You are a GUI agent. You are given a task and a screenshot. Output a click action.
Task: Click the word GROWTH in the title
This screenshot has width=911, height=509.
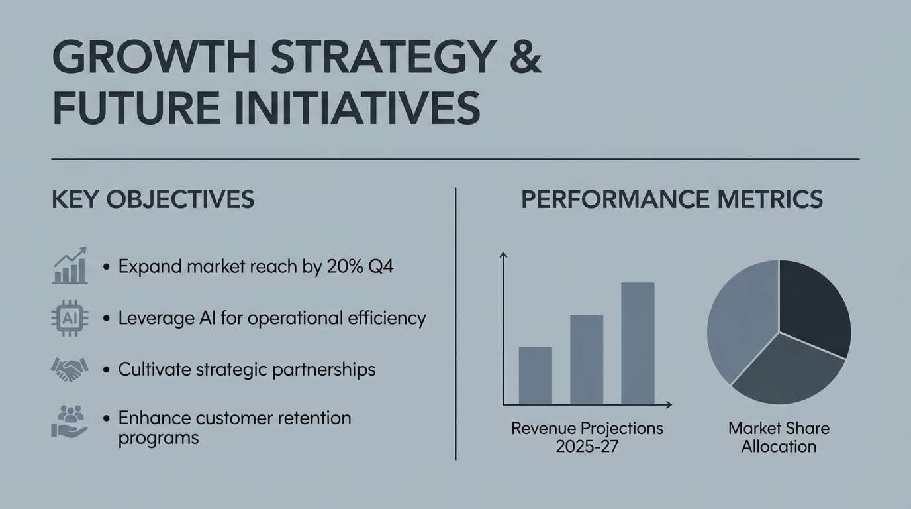pos(154,56)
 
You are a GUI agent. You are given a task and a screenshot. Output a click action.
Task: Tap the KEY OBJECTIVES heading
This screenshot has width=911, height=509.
pos(153,199)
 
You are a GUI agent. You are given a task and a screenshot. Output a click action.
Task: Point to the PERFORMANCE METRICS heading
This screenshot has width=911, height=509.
pos(672,199)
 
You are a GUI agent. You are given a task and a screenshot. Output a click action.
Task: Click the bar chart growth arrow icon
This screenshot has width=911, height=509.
pos(70,265)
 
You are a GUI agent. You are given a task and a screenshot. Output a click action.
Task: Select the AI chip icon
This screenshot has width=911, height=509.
pos(70,318)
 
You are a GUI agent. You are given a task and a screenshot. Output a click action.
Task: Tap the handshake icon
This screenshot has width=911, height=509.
pos(70,369)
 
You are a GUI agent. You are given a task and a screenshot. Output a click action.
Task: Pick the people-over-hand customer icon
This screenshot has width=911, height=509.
pos(70,421)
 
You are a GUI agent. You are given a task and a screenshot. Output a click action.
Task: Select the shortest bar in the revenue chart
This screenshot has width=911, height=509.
pos(535,375)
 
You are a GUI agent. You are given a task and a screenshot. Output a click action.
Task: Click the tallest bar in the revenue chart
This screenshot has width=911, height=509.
pos(638,343)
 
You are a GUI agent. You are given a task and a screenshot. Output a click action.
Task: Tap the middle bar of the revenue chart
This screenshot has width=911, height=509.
pos(587,360)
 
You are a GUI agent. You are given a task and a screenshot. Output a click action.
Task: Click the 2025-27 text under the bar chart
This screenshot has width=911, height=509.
pos(587,447)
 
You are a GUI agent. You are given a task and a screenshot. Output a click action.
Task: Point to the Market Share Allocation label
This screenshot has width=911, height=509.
pos(779,437)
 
